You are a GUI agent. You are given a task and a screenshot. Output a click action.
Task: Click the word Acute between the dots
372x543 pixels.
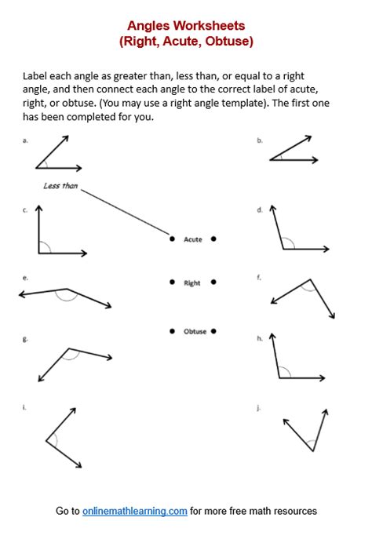click(x=192, y=239)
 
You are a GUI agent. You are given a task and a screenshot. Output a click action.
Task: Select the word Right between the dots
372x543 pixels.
click(x=192, y=282)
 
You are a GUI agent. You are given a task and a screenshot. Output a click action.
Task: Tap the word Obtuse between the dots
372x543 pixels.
click(x=195, y=332)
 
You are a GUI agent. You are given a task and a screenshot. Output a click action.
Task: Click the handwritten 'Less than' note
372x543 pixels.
click(x=60, y=186)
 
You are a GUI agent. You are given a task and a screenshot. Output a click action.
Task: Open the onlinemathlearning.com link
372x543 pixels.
click(x=135, y=511)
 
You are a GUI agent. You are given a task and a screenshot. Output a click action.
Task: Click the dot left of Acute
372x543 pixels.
click(x=172, y=239)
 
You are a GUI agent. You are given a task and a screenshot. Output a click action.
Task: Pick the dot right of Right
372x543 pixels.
click(x=213, y=282)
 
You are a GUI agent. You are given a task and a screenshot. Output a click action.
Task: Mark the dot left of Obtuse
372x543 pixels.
click(x=172, y=332)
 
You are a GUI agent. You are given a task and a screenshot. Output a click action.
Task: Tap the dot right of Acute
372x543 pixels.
click(x=213, y=239)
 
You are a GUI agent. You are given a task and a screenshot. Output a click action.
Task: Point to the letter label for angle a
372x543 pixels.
click(x=26, y=140)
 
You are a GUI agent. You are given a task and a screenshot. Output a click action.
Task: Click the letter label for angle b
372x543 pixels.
click(x=259, y=140)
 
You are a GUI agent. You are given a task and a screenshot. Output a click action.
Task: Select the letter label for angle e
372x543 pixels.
click(x=26, y=278)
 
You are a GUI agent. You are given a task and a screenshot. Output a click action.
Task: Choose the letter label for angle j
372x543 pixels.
click(x=259, y=408)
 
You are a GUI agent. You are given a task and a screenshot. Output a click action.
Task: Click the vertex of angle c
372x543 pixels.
click(x=38, y=253)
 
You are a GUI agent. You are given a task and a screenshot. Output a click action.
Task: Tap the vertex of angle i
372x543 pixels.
click(x=46, y=441)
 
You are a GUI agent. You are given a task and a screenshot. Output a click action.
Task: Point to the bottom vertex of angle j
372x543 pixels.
click(x=312, y=450)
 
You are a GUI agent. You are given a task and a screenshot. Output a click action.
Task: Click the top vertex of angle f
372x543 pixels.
click(x=311, y=279)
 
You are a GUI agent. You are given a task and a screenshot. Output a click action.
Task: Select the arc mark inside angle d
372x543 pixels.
click(x=288, y=244)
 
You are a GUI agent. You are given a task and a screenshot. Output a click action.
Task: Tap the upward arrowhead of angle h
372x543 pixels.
click(x=272, y=337)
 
